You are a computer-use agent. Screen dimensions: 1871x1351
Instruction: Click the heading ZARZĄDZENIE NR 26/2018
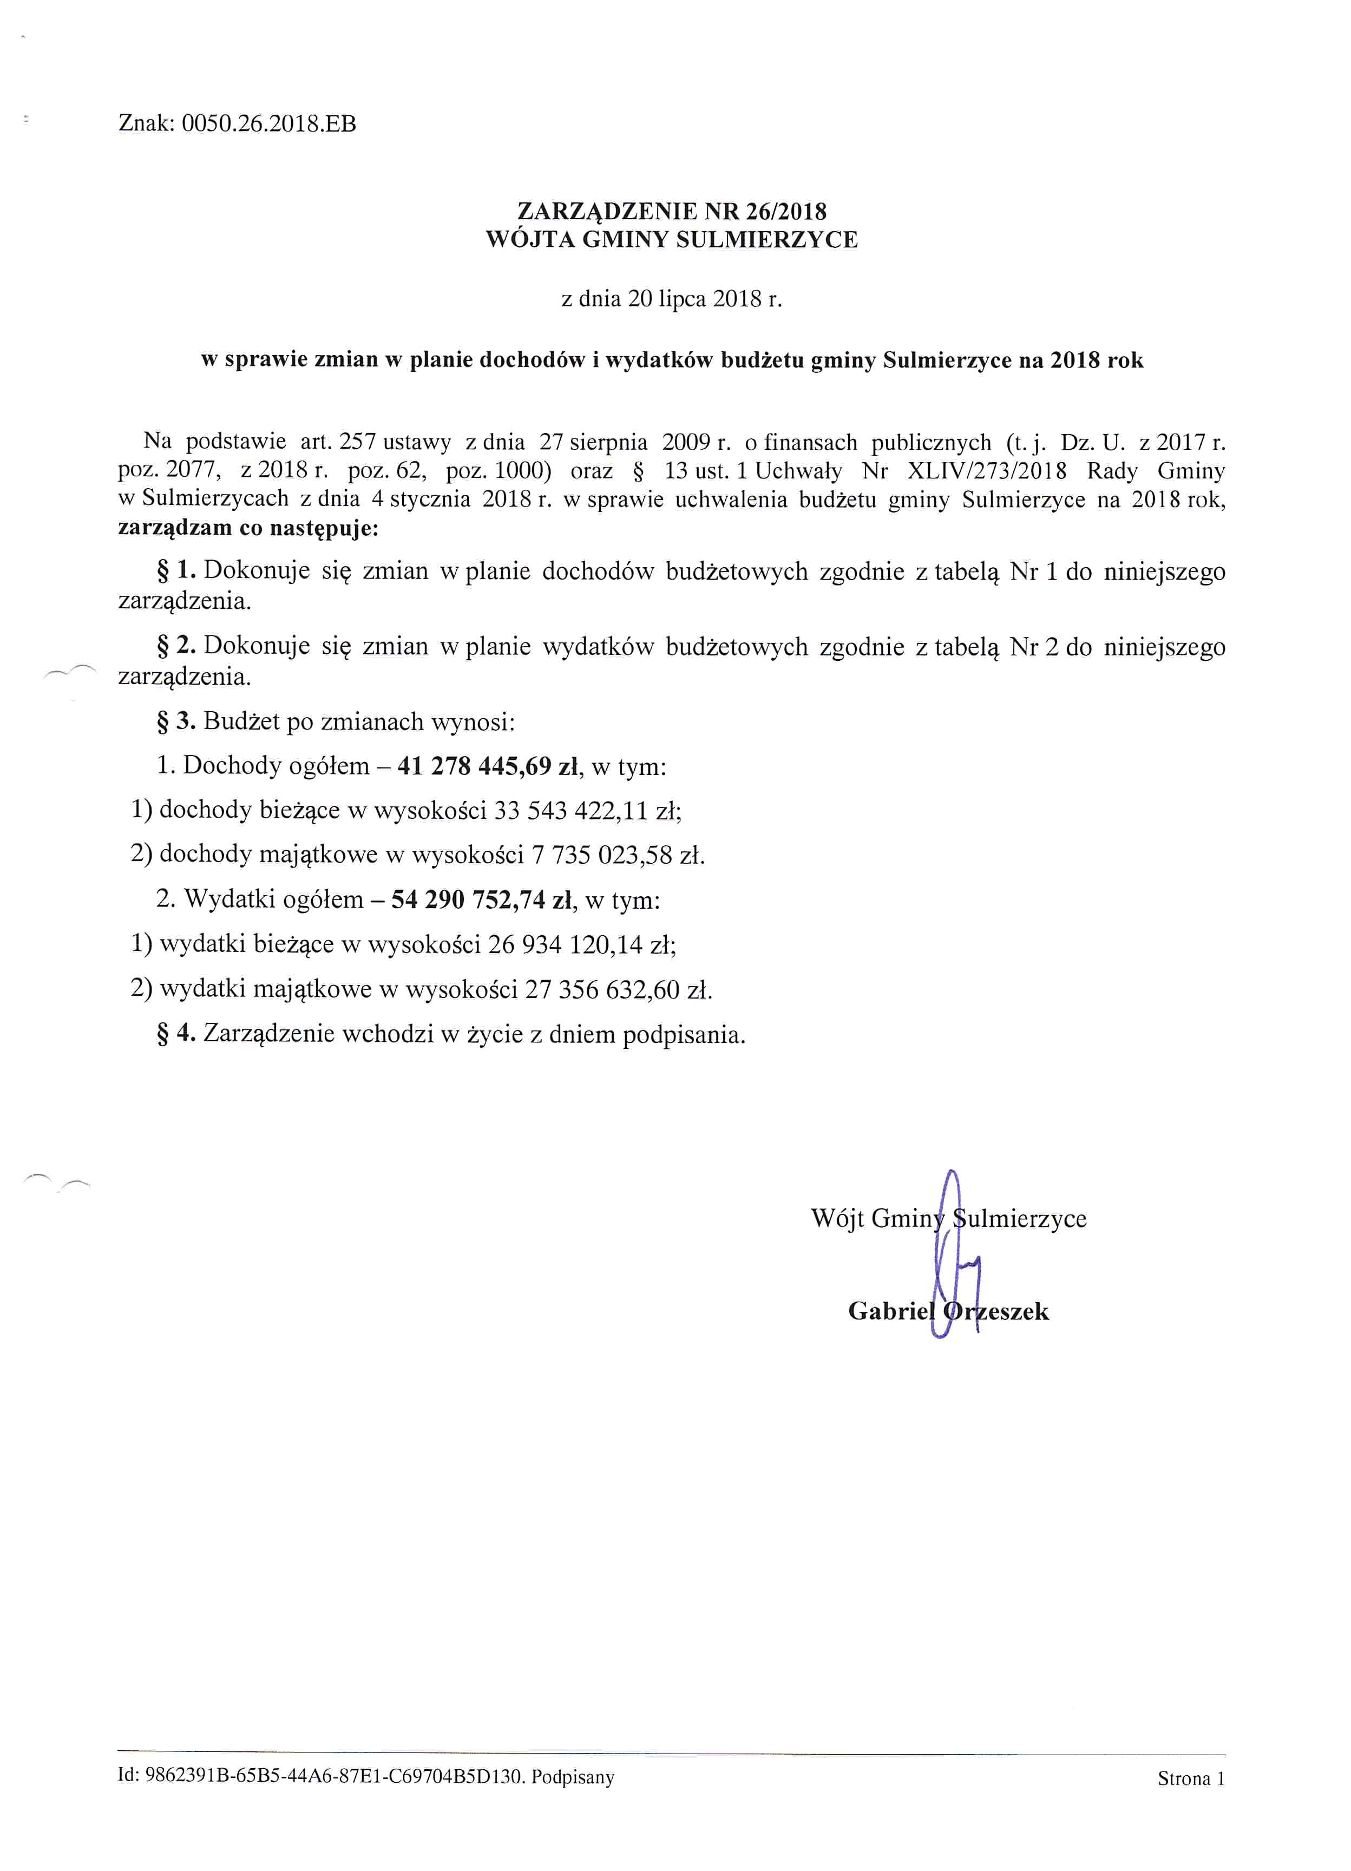tap(671, 212)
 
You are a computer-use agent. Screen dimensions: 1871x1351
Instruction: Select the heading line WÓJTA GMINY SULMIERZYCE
tap(671, 240)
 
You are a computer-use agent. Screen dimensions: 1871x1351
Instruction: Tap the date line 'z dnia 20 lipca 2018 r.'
tap(671, 299)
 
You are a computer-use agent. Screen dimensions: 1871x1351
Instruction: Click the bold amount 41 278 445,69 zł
tap(487, 766)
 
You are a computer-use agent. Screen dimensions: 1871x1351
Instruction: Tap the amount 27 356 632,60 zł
tap(618, 988)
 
